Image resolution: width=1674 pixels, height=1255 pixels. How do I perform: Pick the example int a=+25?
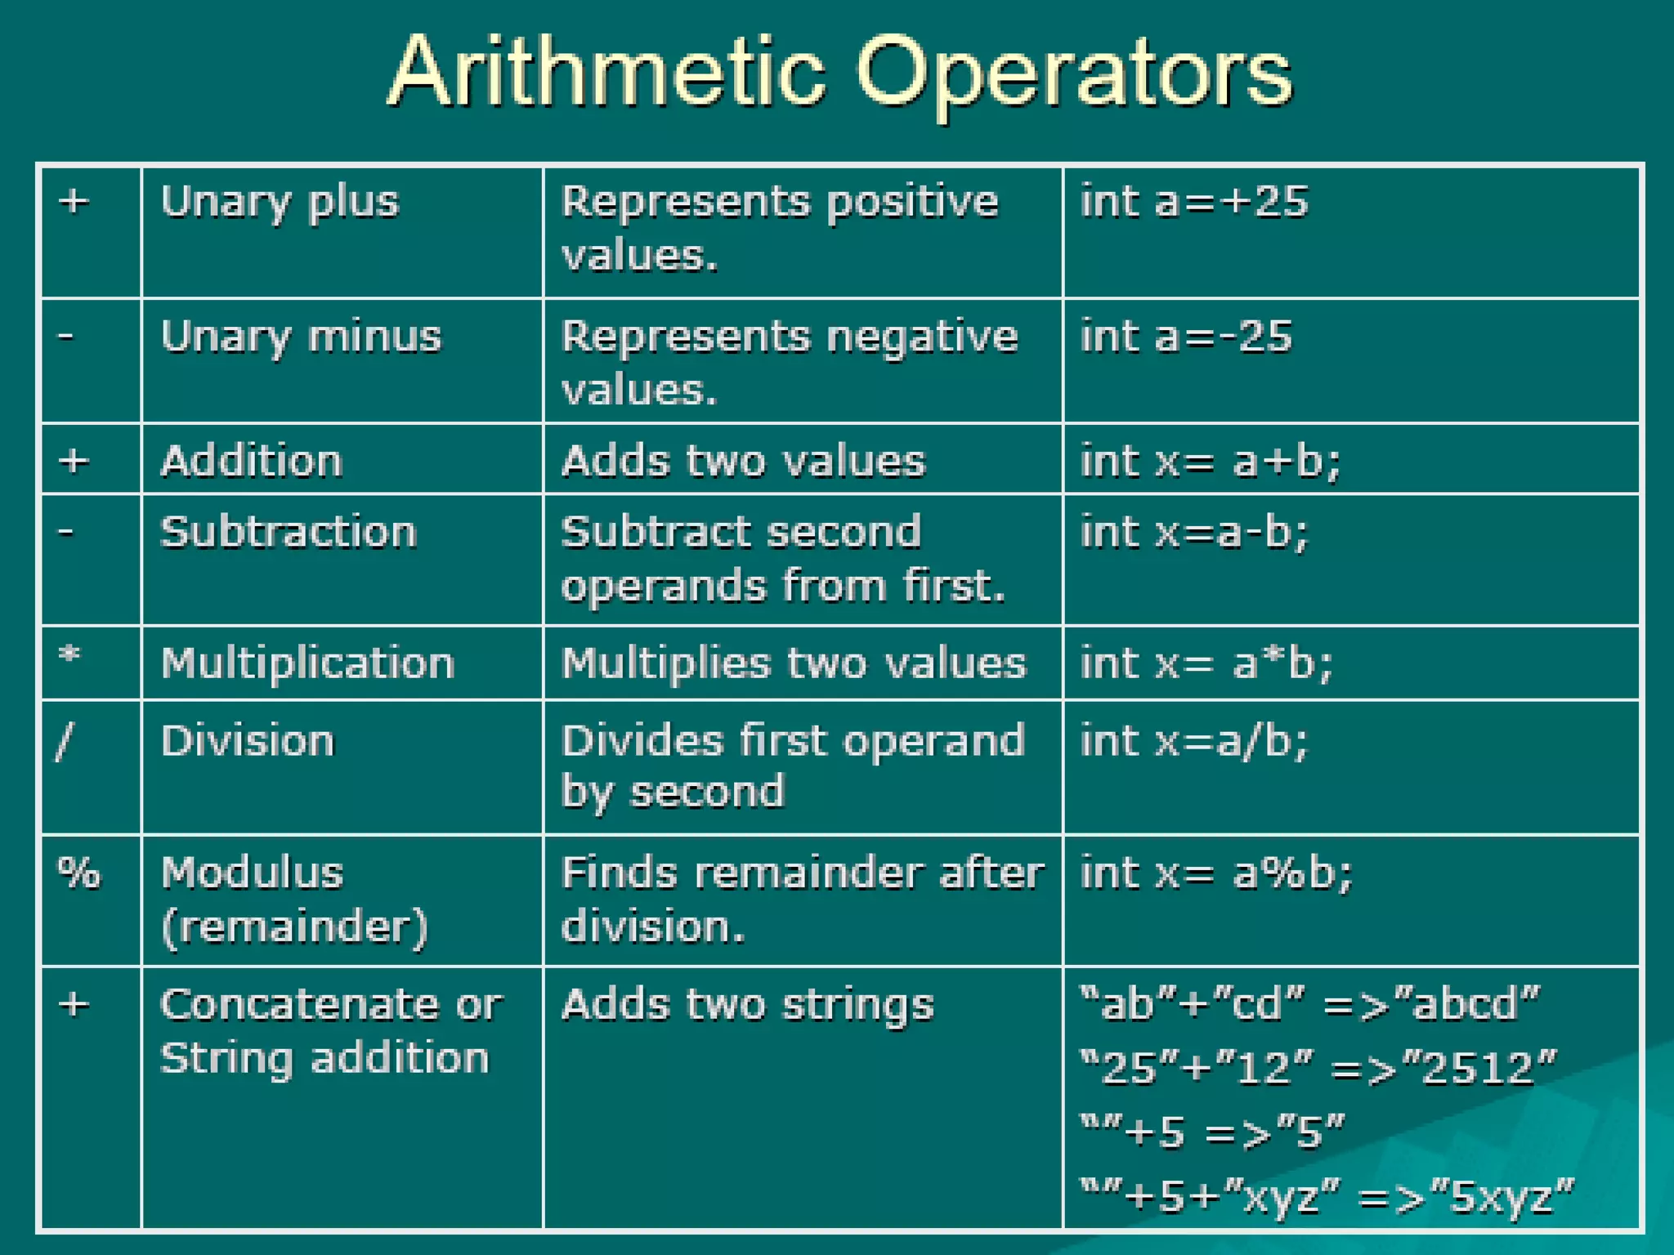tap(1194, 202)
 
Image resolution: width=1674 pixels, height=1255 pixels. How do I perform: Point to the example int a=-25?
tap(1186, 337)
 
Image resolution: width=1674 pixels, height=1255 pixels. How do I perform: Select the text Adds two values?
tap(743, 461)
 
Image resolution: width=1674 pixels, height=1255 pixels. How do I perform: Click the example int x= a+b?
tap(1210, 461)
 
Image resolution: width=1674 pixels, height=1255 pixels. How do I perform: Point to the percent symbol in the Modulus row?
tap(78, 873)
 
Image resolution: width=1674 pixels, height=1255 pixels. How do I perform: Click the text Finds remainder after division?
tap(801, 899)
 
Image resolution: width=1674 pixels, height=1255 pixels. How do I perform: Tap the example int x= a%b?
tap(1216, 873)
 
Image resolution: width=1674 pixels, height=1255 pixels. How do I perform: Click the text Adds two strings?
tap(747, 1005)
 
